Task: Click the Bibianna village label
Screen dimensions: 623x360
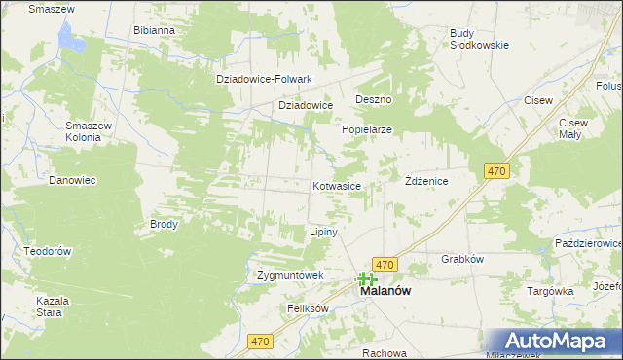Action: point(154,30)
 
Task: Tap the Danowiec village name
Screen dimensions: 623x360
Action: point(71,180)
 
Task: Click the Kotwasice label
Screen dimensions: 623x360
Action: point(338,185)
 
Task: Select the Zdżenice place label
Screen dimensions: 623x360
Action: point(425,181)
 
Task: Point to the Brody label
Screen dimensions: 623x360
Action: point(164,224)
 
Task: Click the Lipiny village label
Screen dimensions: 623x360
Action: point(322,233)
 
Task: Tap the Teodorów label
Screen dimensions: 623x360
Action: point(49,251)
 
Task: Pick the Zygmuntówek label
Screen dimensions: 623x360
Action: point(289,275)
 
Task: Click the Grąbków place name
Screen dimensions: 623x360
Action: point(462,260)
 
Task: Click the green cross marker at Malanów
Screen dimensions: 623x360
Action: point(367,279)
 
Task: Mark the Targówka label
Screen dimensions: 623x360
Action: point(549,291)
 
